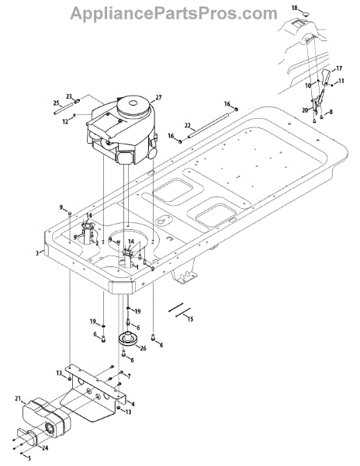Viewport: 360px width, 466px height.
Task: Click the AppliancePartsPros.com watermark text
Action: point(175,14)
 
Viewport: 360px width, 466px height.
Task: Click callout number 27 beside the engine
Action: point(158,98)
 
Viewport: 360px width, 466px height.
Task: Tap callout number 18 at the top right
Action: point(294,8)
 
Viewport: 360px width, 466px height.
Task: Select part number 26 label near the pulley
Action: point(143,348)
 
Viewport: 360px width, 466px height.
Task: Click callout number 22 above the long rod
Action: point(188,126)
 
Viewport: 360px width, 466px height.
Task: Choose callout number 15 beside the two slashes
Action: point(190,319)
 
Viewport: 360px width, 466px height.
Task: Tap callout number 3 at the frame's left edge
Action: point(37,253)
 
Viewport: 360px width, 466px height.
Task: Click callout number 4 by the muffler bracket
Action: point(133,404)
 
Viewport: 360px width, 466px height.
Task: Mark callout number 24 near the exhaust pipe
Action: point(44,448)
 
